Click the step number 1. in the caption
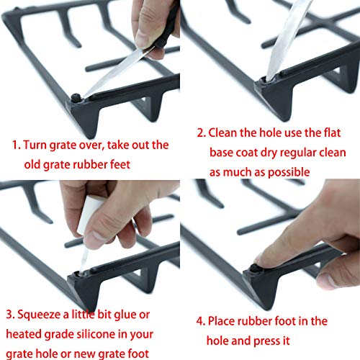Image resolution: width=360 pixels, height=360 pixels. [15, 144]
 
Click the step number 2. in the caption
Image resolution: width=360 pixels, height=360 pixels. [200, 133]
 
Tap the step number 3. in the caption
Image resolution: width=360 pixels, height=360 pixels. [10, 314]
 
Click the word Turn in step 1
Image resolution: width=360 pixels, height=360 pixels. [36, 144]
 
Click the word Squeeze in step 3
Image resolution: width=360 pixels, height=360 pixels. [41, 314]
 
